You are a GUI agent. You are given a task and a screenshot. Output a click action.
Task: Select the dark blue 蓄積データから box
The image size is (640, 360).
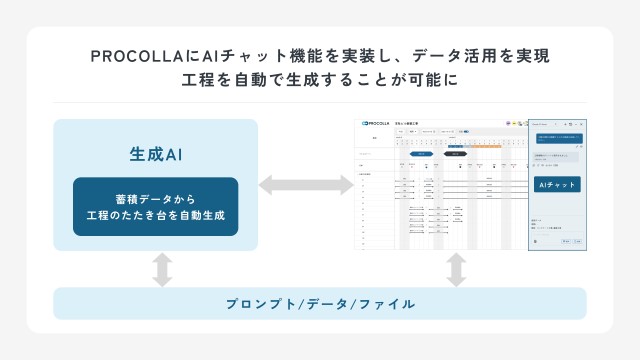click(x=155, y=206)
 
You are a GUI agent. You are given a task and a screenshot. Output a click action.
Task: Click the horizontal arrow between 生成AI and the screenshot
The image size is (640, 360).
click(x=306, y=185)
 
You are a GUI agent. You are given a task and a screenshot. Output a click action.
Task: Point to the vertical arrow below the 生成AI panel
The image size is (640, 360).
click(x=161, y=269)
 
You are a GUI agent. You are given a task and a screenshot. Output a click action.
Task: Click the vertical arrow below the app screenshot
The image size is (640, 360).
click(x=457, y=269)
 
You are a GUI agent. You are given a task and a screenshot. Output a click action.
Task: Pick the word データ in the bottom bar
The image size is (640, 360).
click(x=324, y=303)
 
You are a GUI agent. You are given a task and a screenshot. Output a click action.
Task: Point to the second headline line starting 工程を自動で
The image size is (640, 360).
click(x=320, y=80)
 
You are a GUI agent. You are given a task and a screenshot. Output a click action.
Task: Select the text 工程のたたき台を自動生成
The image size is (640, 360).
click(x=155, y=216)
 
